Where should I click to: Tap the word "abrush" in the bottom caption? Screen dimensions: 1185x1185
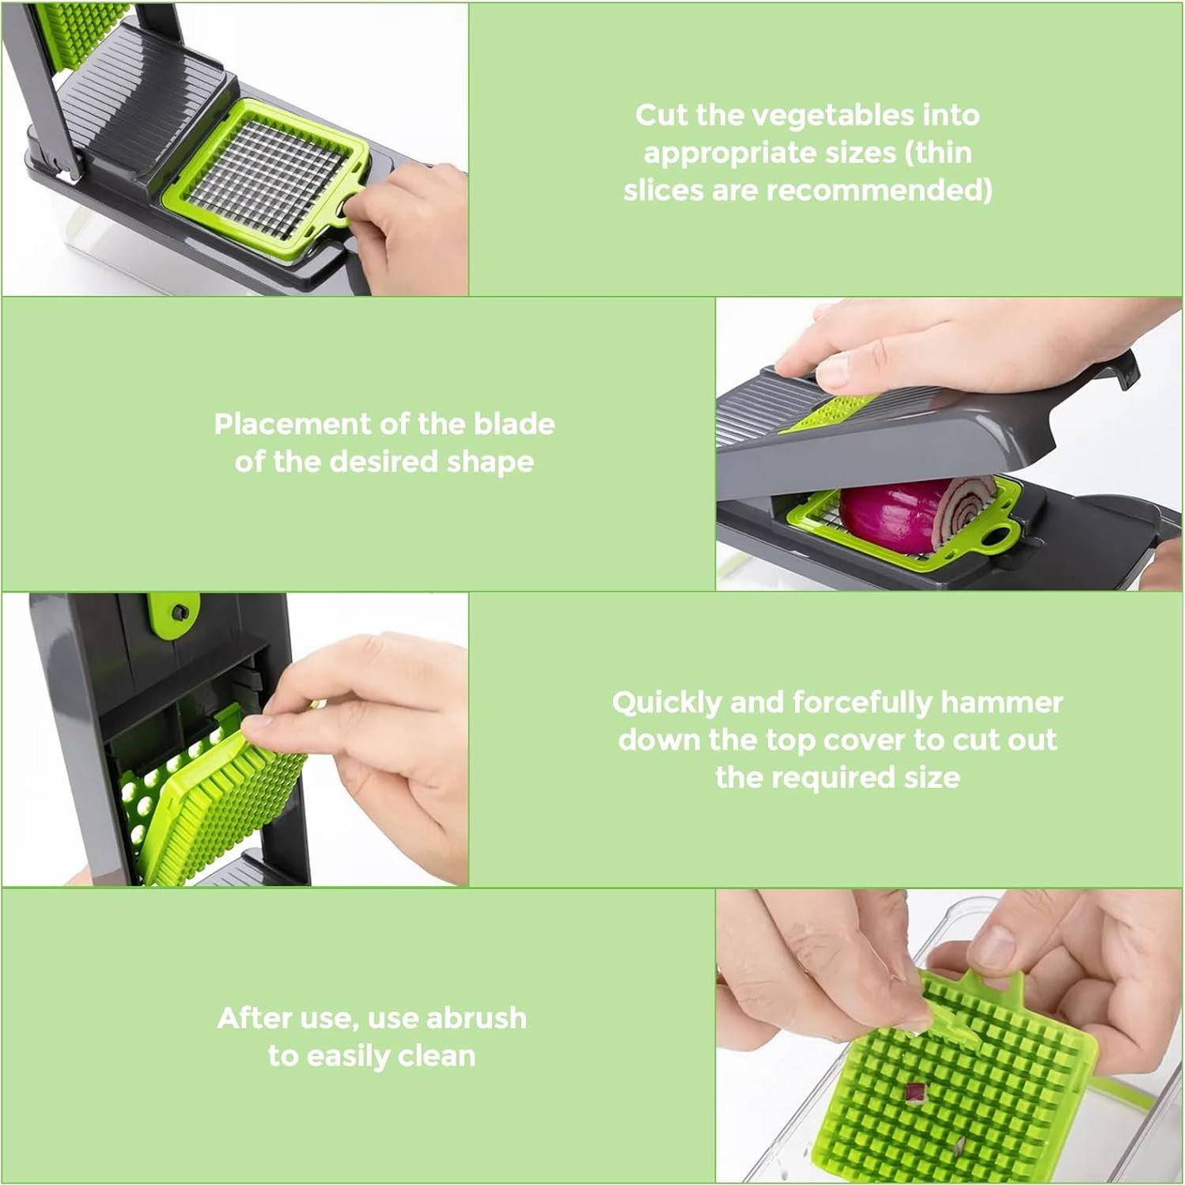[476, 1018]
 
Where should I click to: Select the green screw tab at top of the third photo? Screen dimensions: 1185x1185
[173, 614]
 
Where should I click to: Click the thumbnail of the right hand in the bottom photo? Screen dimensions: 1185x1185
[992, 946]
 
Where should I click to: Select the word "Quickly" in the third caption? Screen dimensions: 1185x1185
[667, 702]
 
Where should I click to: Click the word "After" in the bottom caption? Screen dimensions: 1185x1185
[251, 1018]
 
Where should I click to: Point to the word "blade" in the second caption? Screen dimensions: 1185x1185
[514, 424]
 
